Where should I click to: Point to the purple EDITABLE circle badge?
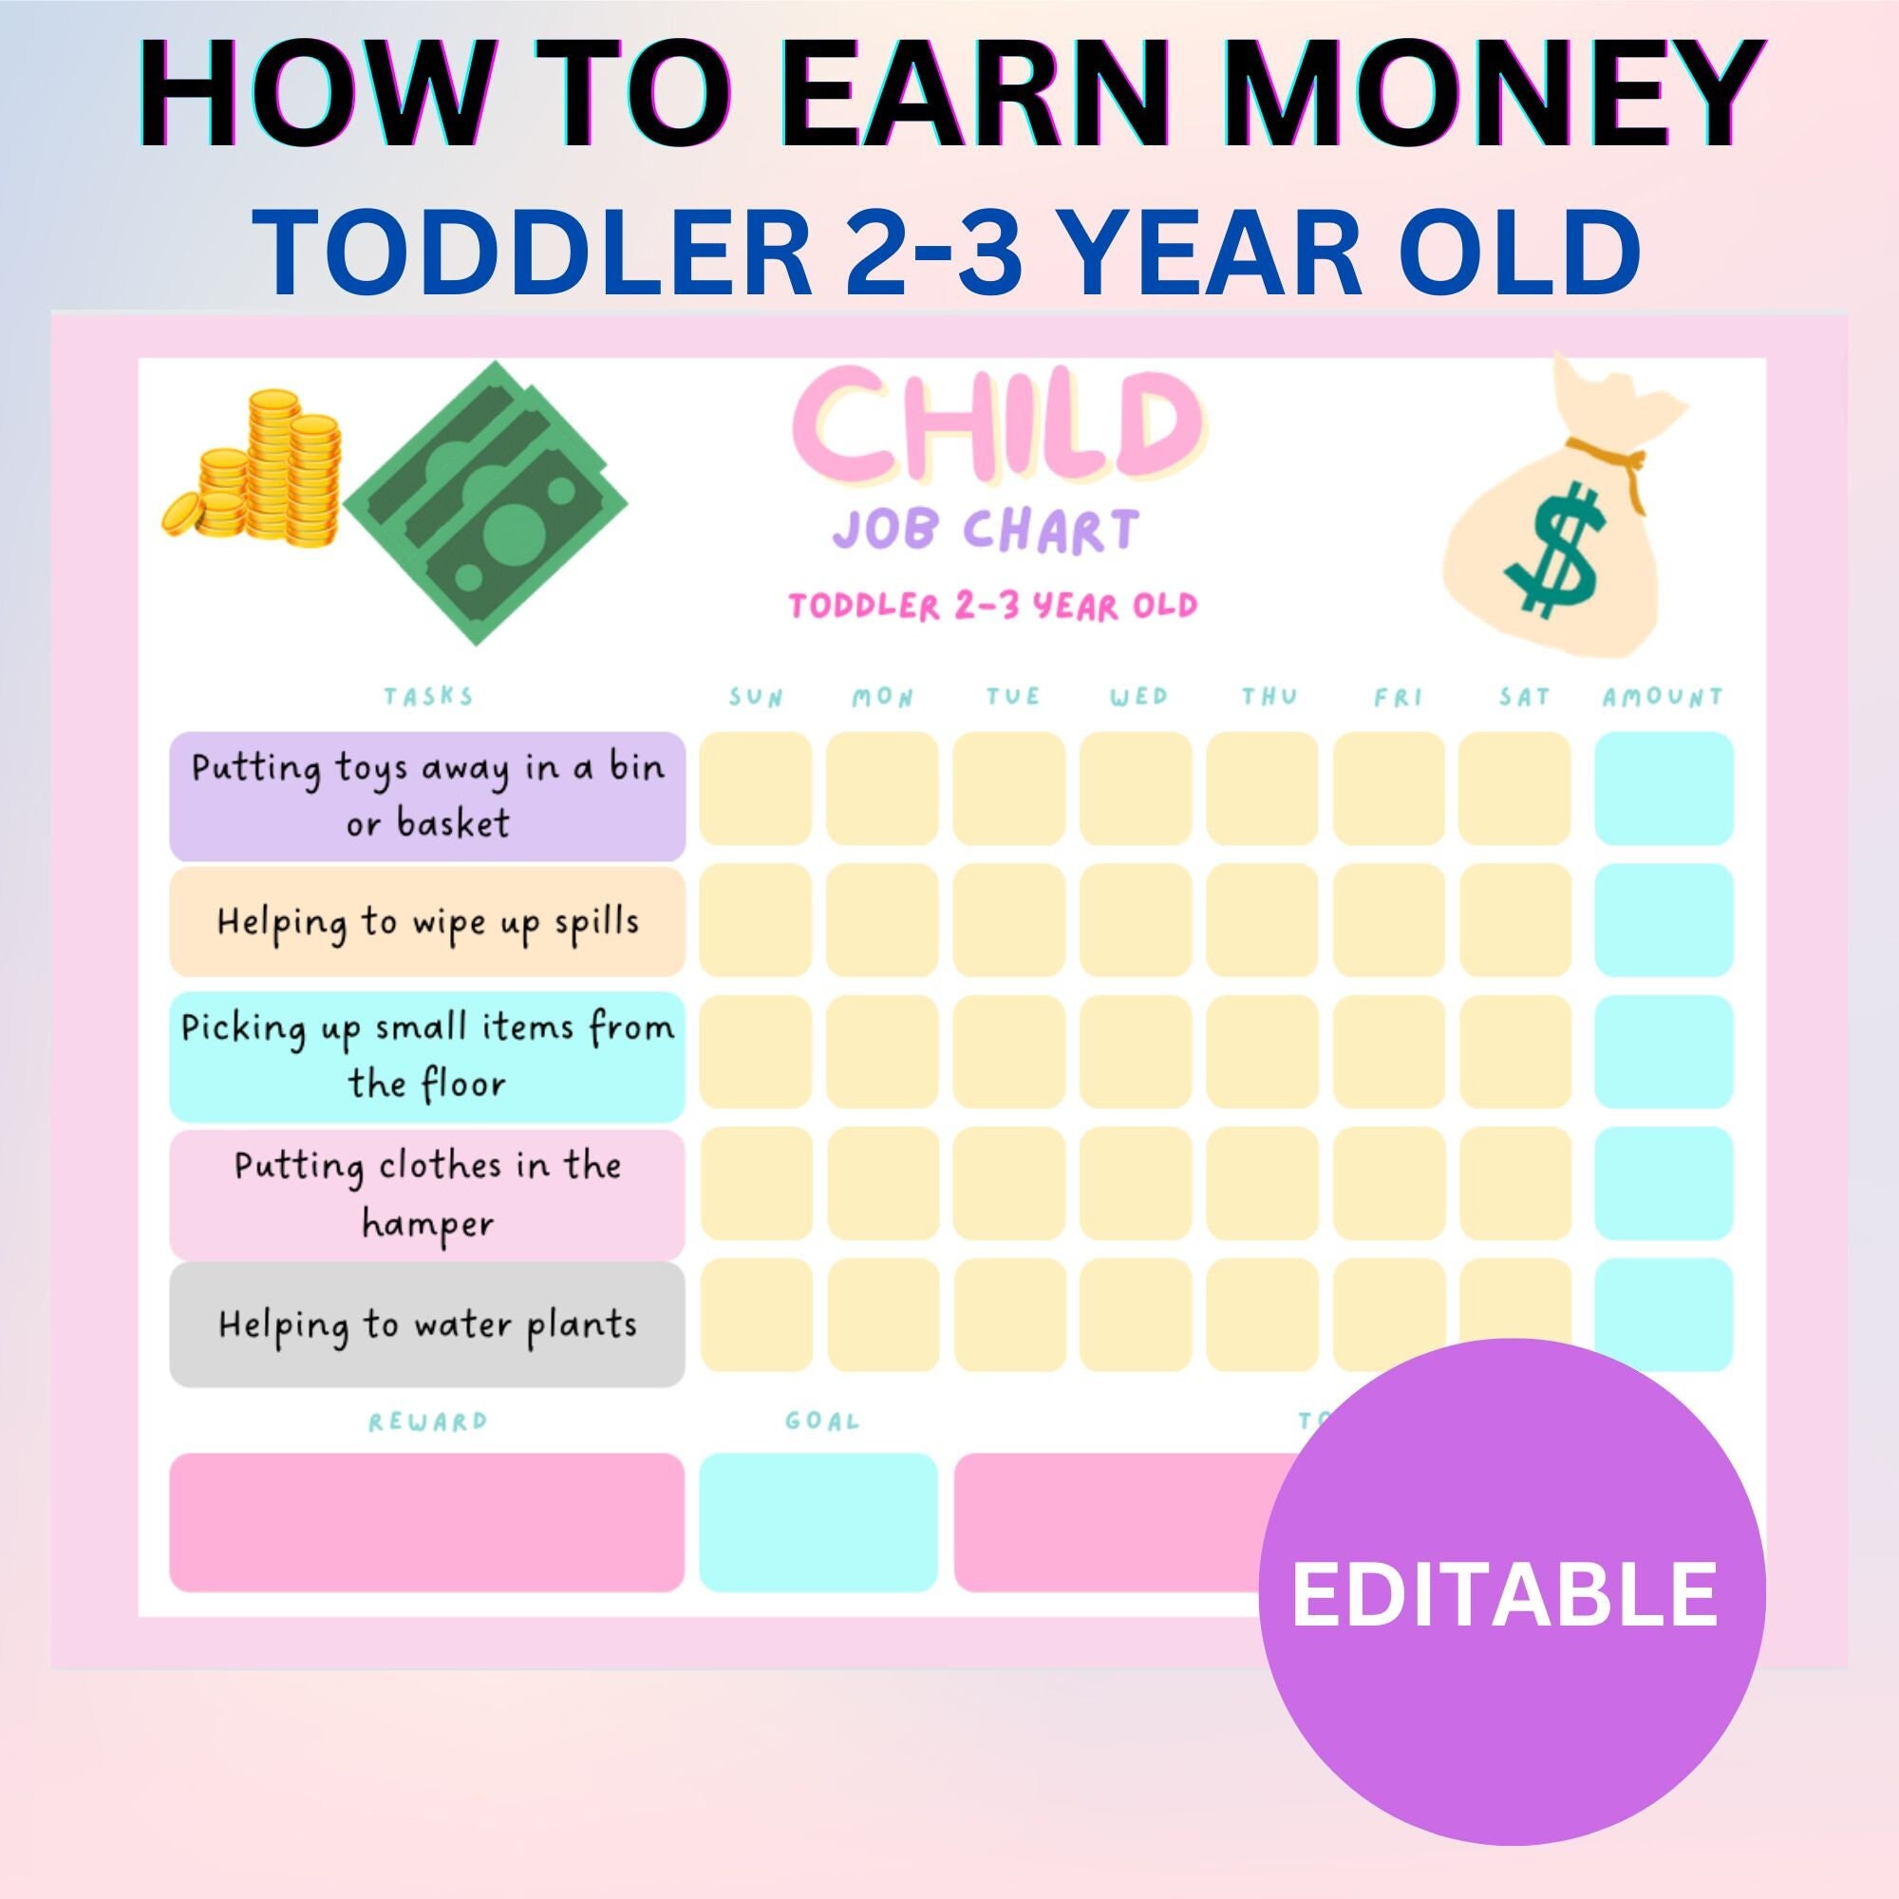point(1511,1592)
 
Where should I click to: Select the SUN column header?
point(756,698)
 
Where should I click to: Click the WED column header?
point(1138,698)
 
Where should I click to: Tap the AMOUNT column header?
point(1663,698)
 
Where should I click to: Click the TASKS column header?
point(428,697)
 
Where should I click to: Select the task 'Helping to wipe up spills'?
point(426,922)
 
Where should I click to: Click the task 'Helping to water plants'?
point(426,1324)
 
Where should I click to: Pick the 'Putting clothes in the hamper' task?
point(426,1194)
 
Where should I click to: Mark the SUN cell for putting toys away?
point(756,788)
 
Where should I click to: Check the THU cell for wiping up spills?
point(1263,920)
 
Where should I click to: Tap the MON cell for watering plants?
point(882,1314)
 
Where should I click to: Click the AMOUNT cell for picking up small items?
point(1664,1051)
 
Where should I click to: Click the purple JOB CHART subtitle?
point(985,531)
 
